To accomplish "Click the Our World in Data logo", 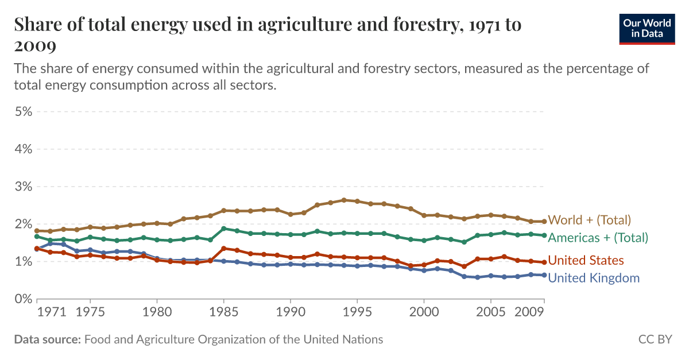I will click(x=647, y=28).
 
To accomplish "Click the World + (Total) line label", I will click(x=590, y=220).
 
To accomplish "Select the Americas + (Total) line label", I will click(x=598, y=238).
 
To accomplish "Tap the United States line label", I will click(x=586, y=261).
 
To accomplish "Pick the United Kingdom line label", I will click(x=594, y=278).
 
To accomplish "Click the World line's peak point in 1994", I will click(x=344, y=200).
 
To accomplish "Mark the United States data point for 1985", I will click(x=223, y=248).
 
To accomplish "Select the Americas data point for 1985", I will click(x=223, y=229).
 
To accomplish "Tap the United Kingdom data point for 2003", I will click(x=464, y=276).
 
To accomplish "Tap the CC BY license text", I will click(x=655, y=339).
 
